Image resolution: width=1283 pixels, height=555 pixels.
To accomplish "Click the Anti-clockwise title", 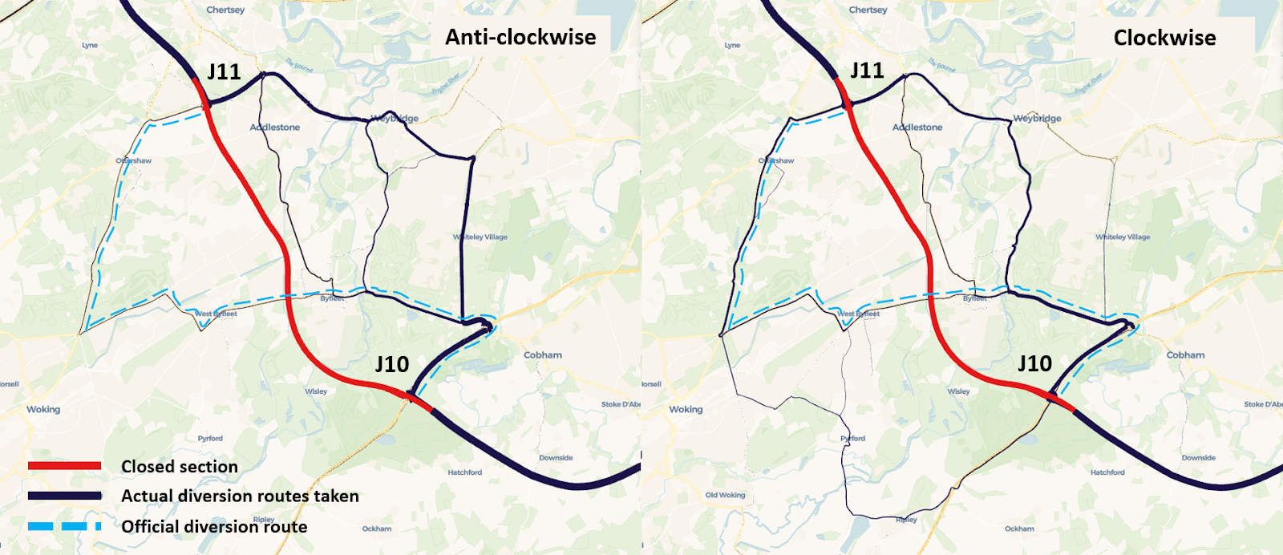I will point(520,37).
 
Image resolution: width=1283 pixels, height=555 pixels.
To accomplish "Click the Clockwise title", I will point(1164,38).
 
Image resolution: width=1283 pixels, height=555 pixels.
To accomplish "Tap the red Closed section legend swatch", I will point(64,466).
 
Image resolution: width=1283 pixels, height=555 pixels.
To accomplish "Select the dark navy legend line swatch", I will point(64,496).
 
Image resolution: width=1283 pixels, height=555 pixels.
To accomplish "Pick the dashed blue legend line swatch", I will point(64,527).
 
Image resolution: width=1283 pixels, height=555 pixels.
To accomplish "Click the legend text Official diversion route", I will point(214,527).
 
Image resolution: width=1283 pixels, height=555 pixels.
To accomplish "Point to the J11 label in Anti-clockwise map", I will point(224,71).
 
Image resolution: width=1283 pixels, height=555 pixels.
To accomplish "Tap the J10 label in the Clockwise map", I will point(1034,363).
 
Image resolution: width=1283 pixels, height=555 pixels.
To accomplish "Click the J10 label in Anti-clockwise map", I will point(392,364).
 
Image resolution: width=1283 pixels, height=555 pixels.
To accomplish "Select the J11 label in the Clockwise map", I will point(867,71).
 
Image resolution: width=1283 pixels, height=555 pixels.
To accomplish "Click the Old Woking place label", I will point(725,495).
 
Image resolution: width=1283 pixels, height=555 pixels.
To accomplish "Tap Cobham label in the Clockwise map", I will point(1185,354).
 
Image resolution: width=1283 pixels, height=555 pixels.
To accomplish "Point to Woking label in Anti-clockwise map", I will point(43,409).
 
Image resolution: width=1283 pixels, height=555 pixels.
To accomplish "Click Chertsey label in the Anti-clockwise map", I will point(225,10).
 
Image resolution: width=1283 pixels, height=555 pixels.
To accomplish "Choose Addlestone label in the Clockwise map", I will point(917,127).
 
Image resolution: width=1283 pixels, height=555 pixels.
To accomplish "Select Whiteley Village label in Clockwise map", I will point(1123,237).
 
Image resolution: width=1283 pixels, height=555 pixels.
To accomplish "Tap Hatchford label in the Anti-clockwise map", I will point(464,472).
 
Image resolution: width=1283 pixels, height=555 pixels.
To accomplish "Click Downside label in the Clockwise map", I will point(1198,458).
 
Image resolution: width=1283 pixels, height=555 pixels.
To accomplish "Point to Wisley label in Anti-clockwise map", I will point(316,391).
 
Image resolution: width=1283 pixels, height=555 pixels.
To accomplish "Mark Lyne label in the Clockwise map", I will point(732,45).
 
